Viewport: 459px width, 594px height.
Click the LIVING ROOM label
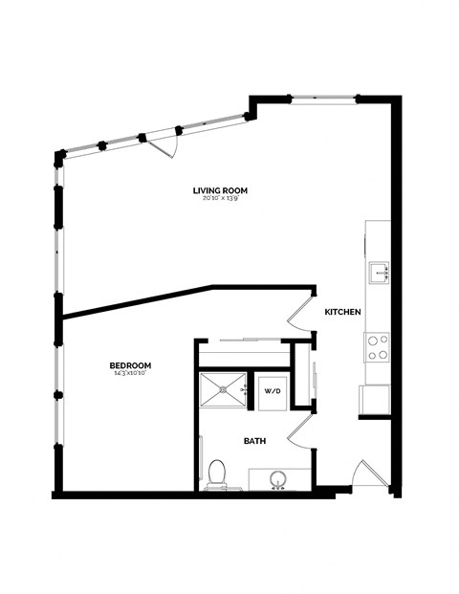coord(221,189)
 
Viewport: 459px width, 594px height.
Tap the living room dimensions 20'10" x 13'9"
coord(221,198)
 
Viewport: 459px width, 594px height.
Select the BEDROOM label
coord(130,364)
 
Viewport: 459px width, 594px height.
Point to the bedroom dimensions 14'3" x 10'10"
coord(130,373)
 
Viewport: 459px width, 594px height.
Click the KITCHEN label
coord(341,313)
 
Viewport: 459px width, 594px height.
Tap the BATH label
coord(254,441)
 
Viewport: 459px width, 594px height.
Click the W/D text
coord(272,391)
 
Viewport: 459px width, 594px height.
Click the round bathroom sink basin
coord(279,478)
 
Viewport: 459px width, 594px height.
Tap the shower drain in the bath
coord(222,390)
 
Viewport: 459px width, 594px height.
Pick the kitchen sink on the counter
coord(379,273)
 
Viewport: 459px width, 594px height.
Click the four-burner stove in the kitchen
coord(378,346)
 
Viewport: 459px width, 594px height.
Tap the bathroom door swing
coord(300,429)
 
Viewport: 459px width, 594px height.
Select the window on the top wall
coord(323,98)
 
